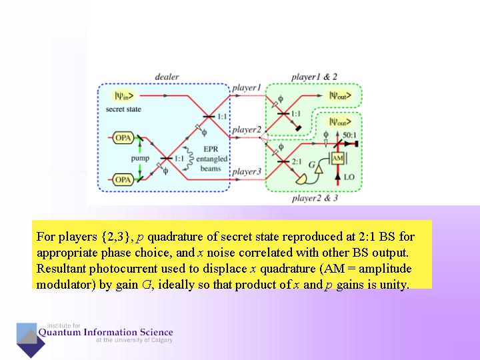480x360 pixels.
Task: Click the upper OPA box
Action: (x=123, y=138)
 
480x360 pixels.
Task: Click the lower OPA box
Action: (x=123, y=179)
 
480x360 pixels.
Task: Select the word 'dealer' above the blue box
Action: (x=167, y=77)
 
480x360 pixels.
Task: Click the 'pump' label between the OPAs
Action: (x=140, y=159)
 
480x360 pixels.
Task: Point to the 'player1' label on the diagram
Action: (x=246, y=87)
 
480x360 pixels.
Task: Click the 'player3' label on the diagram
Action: (x=246, y=172)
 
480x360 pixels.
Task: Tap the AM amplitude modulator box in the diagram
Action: (x=337, y=158)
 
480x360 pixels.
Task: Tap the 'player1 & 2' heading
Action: (x=314, y=77)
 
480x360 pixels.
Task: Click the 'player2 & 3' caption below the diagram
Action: (x=315, y=198)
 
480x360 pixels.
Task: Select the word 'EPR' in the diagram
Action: (x=211, y=150)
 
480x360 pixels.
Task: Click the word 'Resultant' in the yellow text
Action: (x=61, y=269)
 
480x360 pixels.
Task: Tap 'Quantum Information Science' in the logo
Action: (x=105, y=332)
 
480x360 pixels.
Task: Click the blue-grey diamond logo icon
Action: (x=30, y=339)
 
